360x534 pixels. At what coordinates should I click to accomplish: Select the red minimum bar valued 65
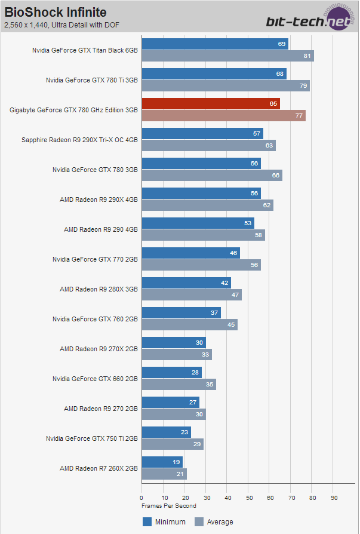[x=211, y=104]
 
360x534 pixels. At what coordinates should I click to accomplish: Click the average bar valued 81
[x=227, y=56]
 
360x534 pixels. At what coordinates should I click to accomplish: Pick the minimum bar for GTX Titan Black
[x=215, y=44]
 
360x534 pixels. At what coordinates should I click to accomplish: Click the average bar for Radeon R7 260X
[x=164, y=474]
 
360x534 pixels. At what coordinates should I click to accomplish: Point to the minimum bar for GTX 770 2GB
[x=190, y=253]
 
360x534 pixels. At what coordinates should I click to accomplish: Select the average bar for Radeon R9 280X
[x=192, y=295]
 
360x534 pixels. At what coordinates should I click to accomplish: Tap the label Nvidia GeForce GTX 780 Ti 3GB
[x=92, y=80]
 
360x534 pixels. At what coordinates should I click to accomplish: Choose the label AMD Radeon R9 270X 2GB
[x=99, y=349]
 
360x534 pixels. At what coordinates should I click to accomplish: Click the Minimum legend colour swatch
[x=147, y=521]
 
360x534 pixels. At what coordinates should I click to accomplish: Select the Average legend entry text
[x=220, y=522]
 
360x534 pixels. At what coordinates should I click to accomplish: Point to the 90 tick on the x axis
[x=334, y=498]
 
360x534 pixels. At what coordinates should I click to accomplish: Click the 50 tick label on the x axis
[x=249, y=498]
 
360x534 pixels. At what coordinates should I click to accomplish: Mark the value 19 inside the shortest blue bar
[x=177, y=462]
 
